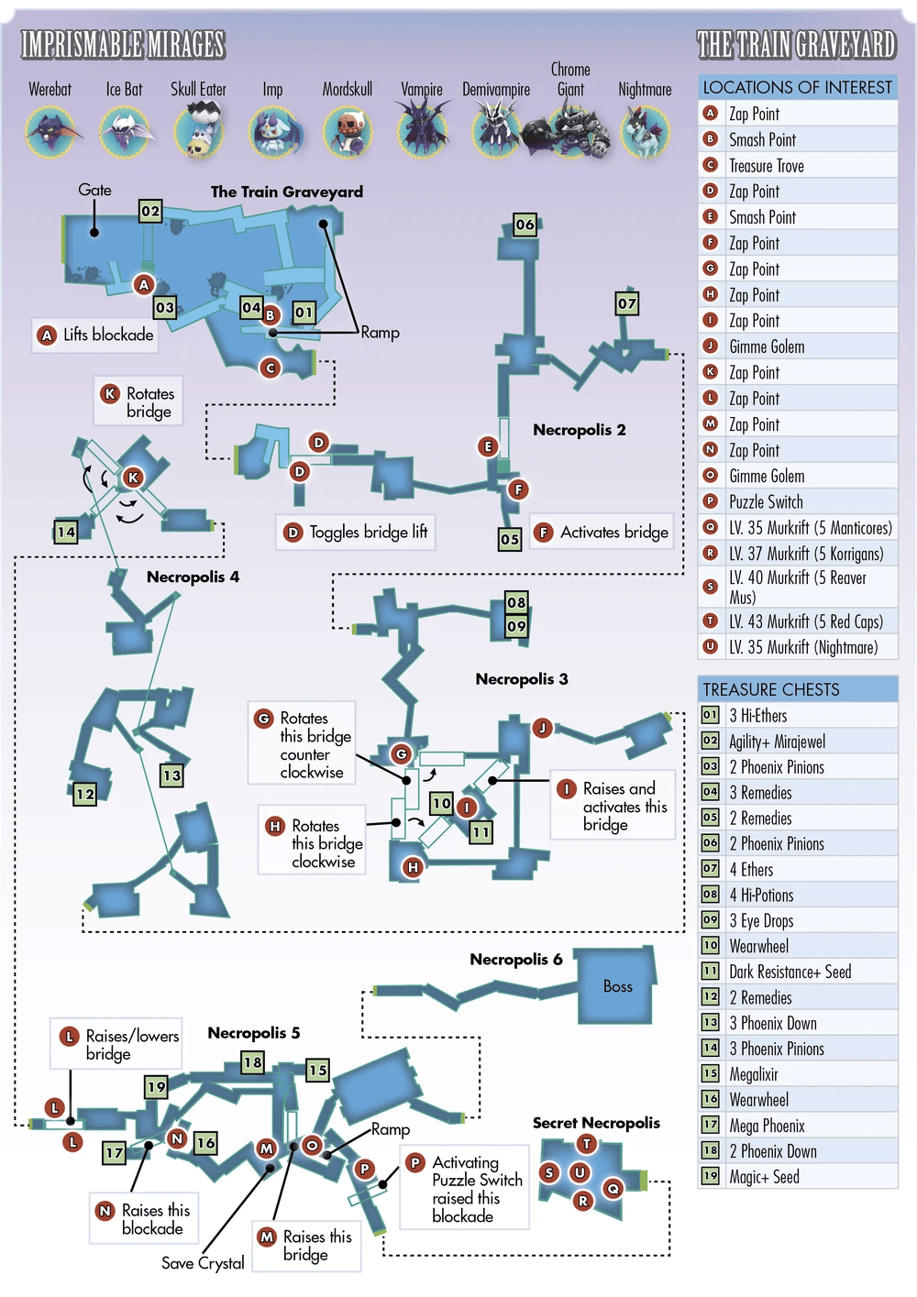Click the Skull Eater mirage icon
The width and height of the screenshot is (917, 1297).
pyautogui.click(x=199, y=130)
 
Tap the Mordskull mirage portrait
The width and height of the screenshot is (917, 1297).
pyautogui.click(x=348, y=131)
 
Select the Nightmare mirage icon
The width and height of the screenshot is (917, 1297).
pyautogui.click(x=645, y=132)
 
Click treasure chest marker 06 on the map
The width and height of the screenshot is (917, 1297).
pyautogui.click(x=525, y=225)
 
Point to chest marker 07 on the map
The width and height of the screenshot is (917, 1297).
pyautogui.click(x=627, y=303)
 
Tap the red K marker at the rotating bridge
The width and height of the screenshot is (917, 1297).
pyautogui.click(x=133, y=478)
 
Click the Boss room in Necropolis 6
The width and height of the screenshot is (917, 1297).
pyautogui.click(x=616, y=985)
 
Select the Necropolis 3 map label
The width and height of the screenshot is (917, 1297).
pyautogui.click(x=522, y=679)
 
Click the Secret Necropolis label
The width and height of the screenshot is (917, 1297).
pyautogui.click(x=596, y=1123)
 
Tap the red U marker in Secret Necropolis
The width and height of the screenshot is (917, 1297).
pyautogui.click(x=579, y=1173)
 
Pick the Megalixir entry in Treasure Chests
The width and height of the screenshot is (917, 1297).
pyautogui.click(x=754, y=1074)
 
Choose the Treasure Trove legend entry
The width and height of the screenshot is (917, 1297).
pyautogui.click(x=767, y=166)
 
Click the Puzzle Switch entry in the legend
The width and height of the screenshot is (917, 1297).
pyautogui.click(x=766, y=501)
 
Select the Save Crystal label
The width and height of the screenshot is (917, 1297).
pyautogui.click(x=203, y=1263)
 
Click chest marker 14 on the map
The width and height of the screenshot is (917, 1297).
pyautogui.click(x=66, y=533)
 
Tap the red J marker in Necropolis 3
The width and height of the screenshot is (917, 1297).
pyautogui.click(x=542, y=727)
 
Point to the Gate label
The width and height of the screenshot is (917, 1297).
pyautogui.click(x=95, y=190)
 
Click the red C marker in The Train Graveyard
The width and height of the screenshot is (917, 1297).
pyautogui.click(x=270, y=368)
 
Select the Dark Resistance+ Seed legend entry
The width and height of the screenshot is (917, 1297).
pyautogui.click(x=790, y=972)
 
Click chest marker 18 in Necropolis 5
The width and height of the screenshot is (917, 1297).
pyautogui.click(x=252, y=1062)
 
